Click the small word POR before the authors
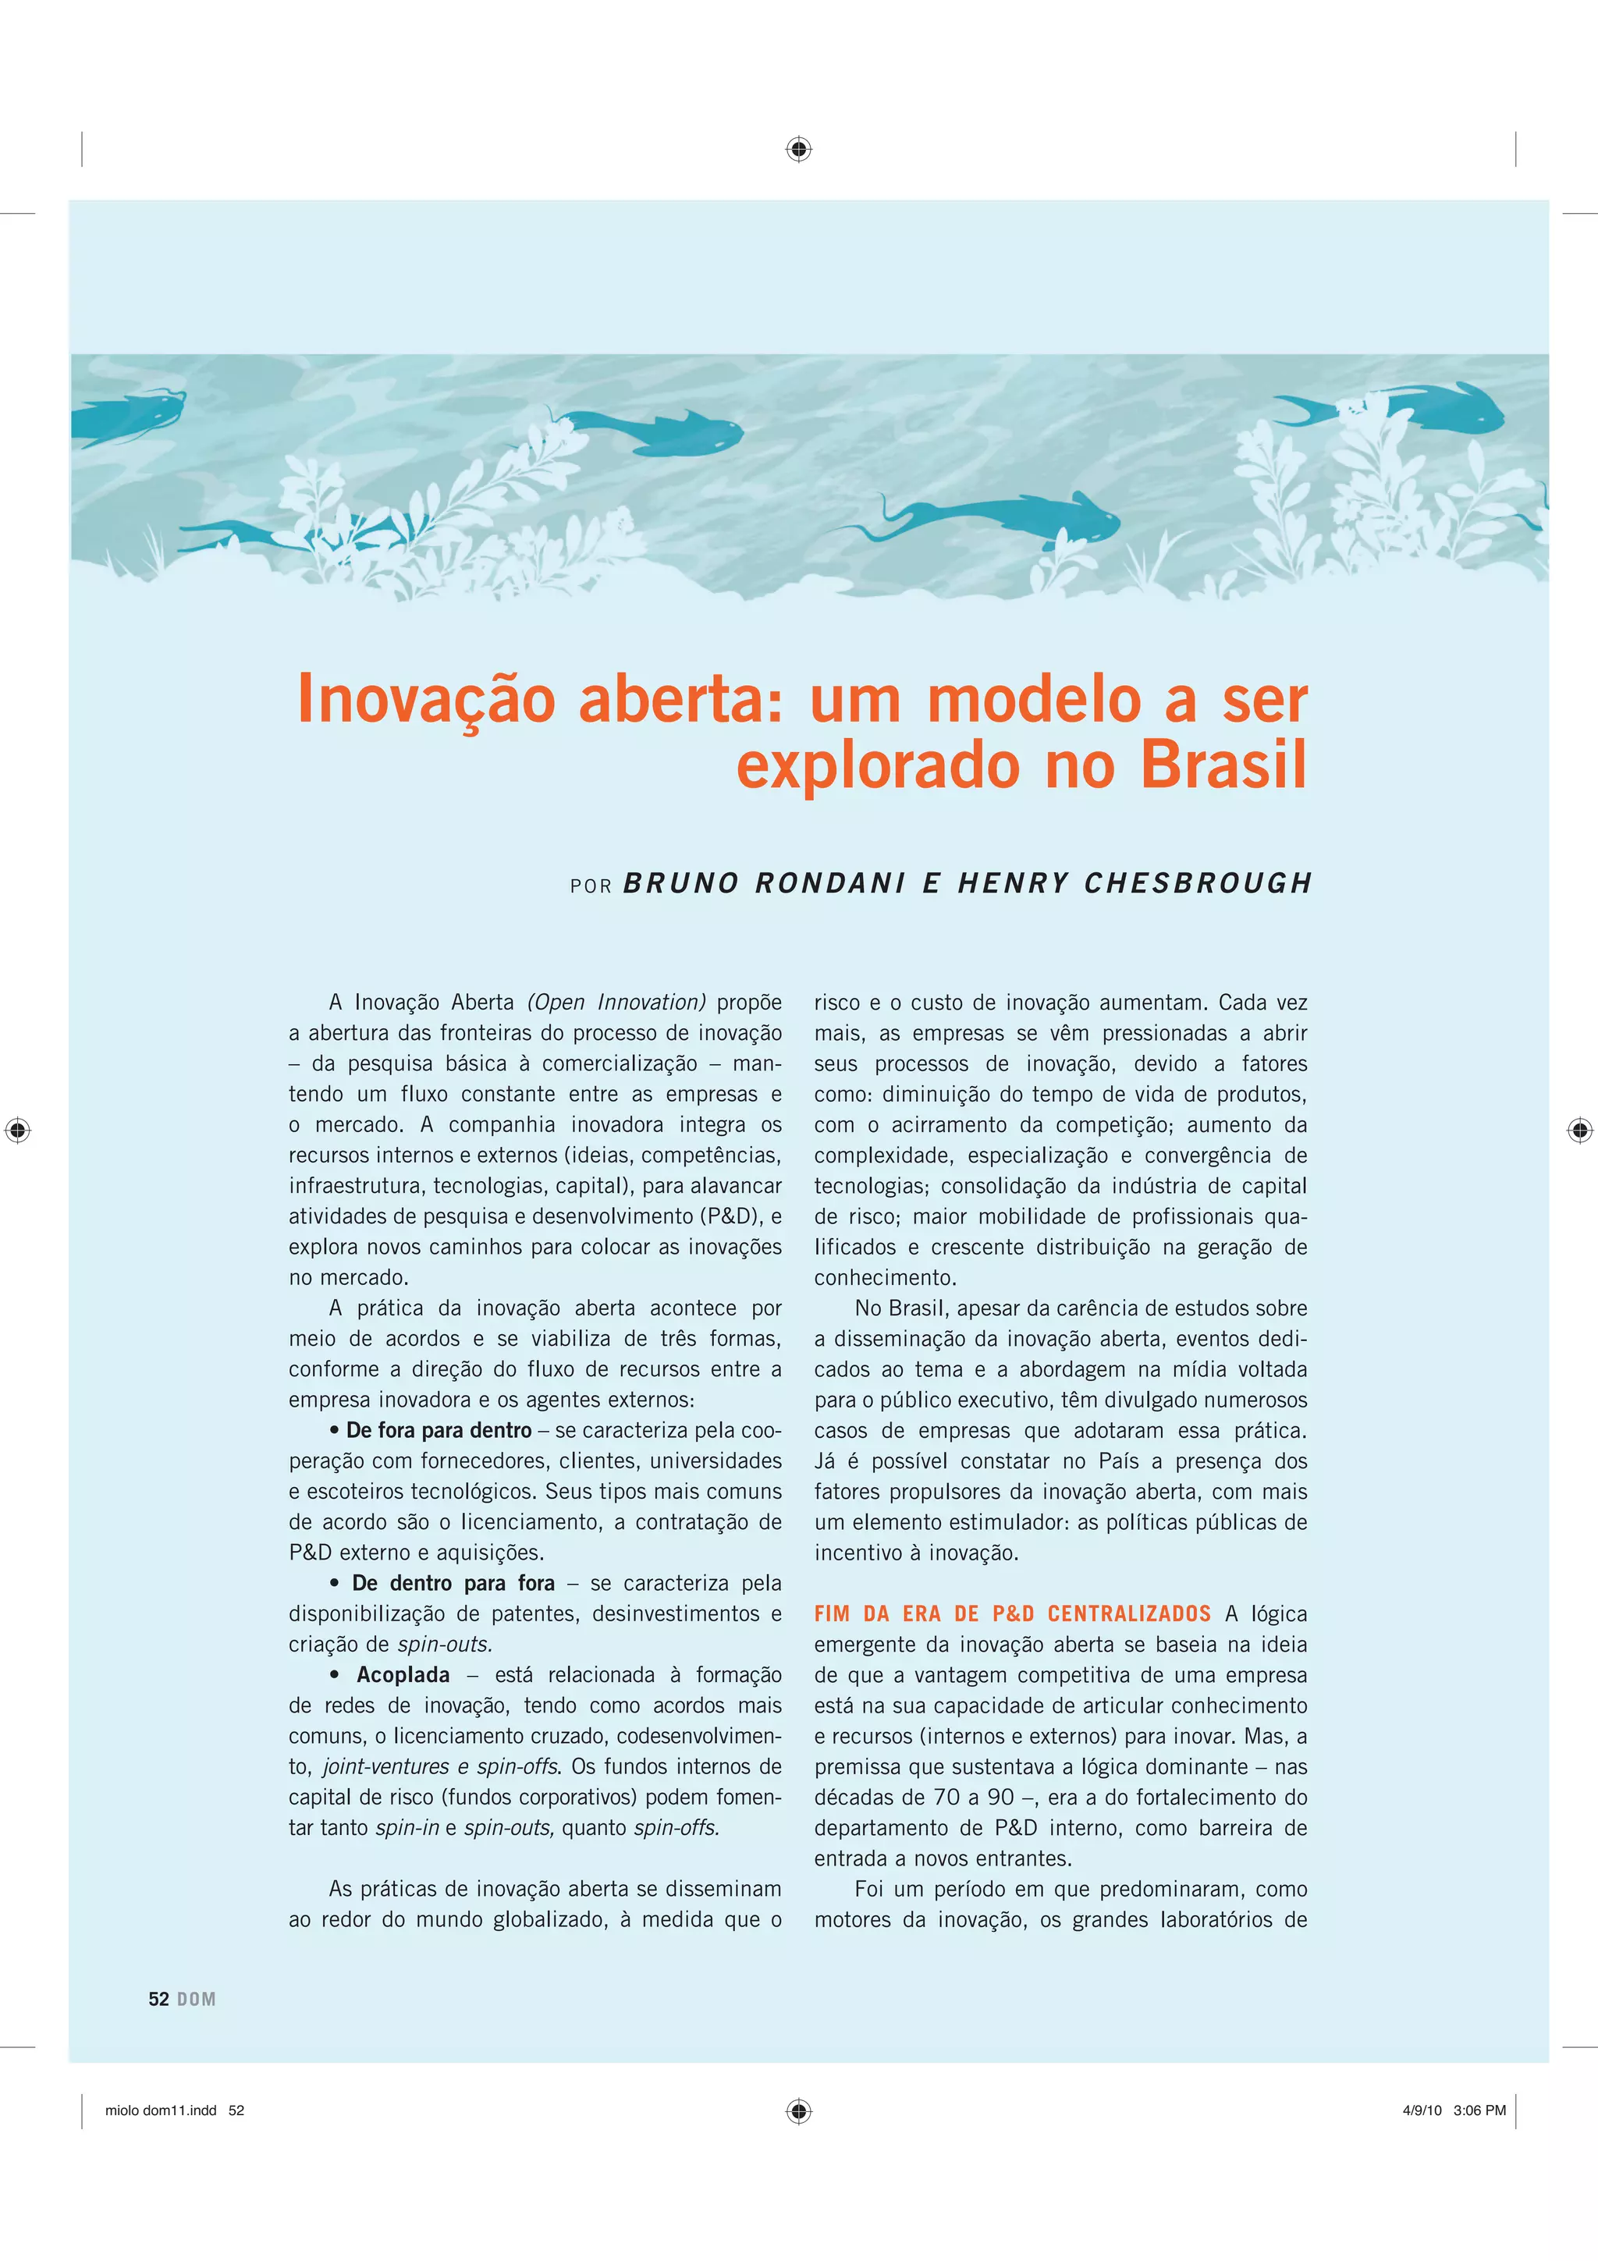[591, 886]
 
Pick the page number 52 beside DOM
[158, 1999]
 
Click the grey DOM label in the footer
[197, 1999]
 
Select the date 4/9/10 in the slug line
[1422, 2110]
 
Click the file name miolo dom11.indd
[161, 2110]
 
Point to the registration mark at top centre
[798, 150]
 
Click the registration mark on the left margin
[18, 1130]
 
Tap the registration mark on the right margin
[1579, 1130]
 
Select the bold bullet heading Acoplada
[403, 1675]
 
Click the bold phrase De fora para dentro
[439, 1431]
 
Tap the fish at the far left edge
[128, 414]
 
